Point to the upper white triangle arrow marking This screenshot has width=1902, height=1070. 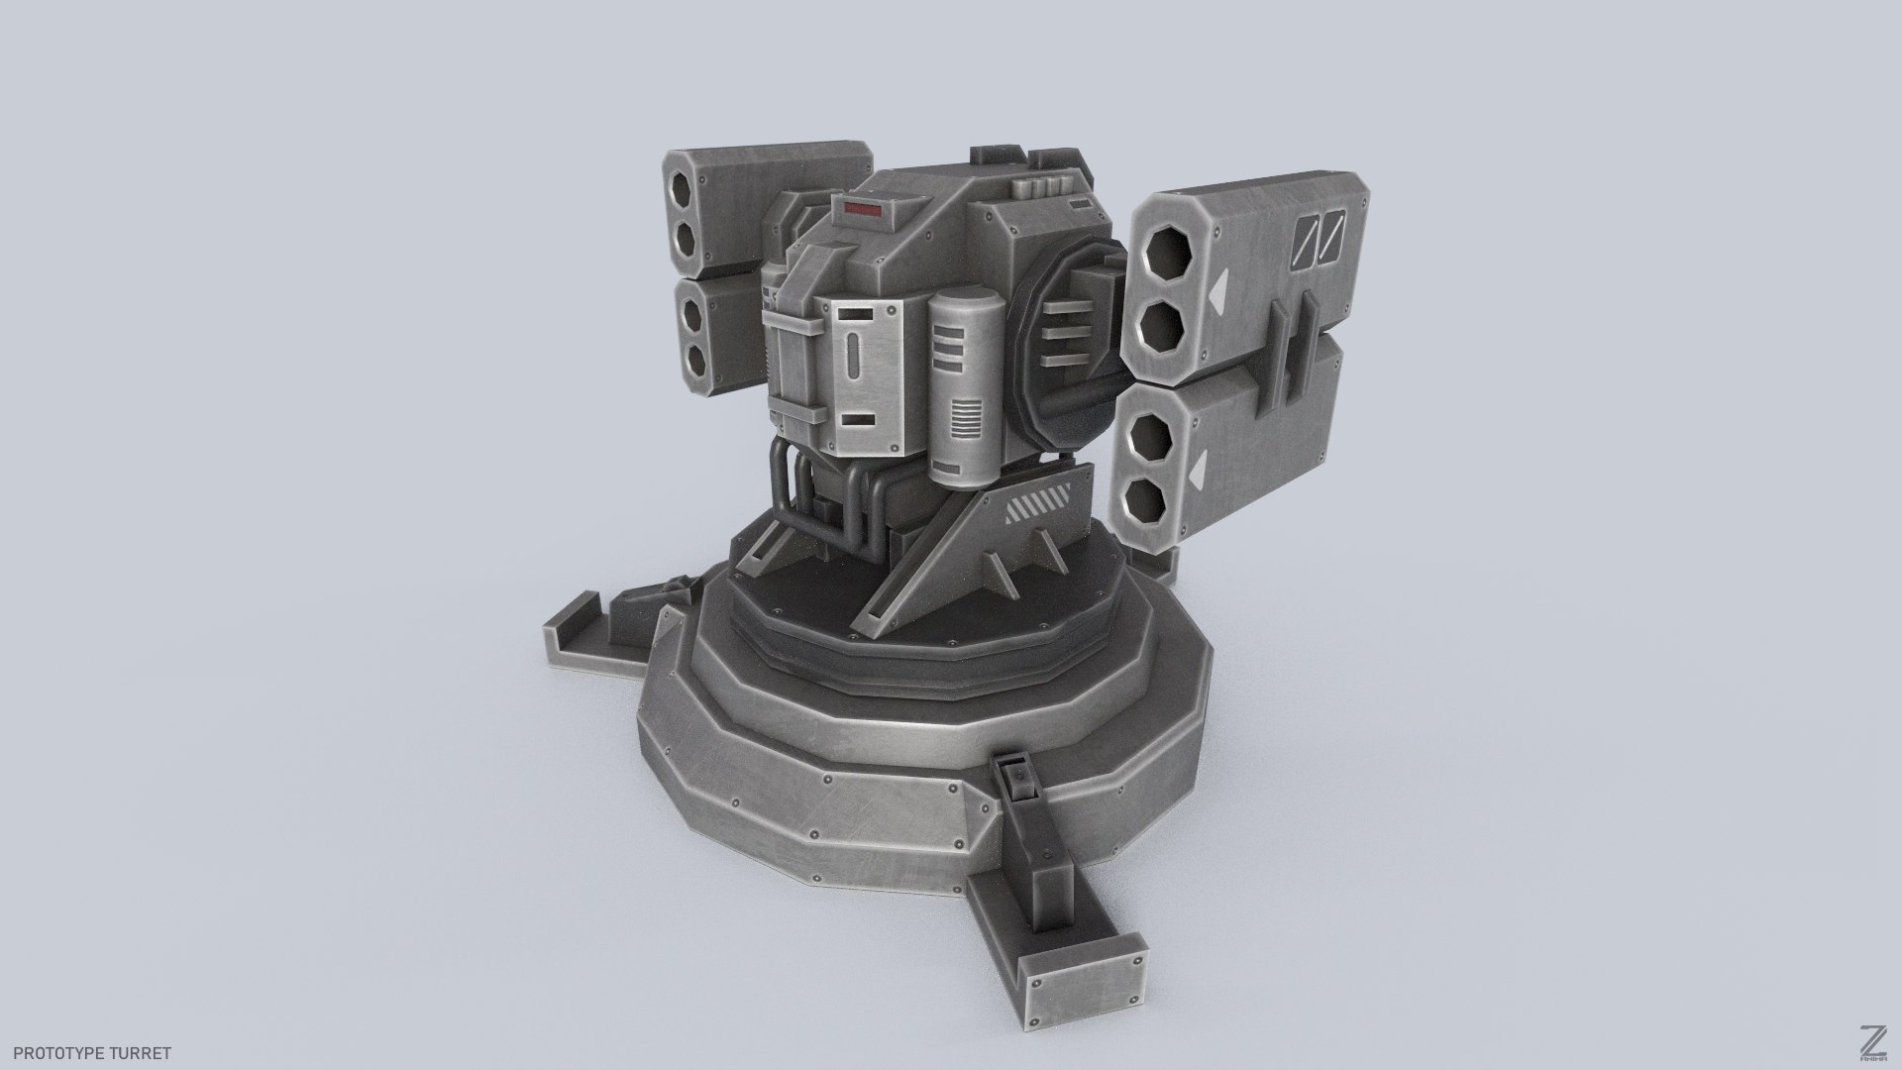pos(1217,290)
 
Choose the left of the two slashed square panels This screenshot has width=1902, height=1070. pos(1306,240)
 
